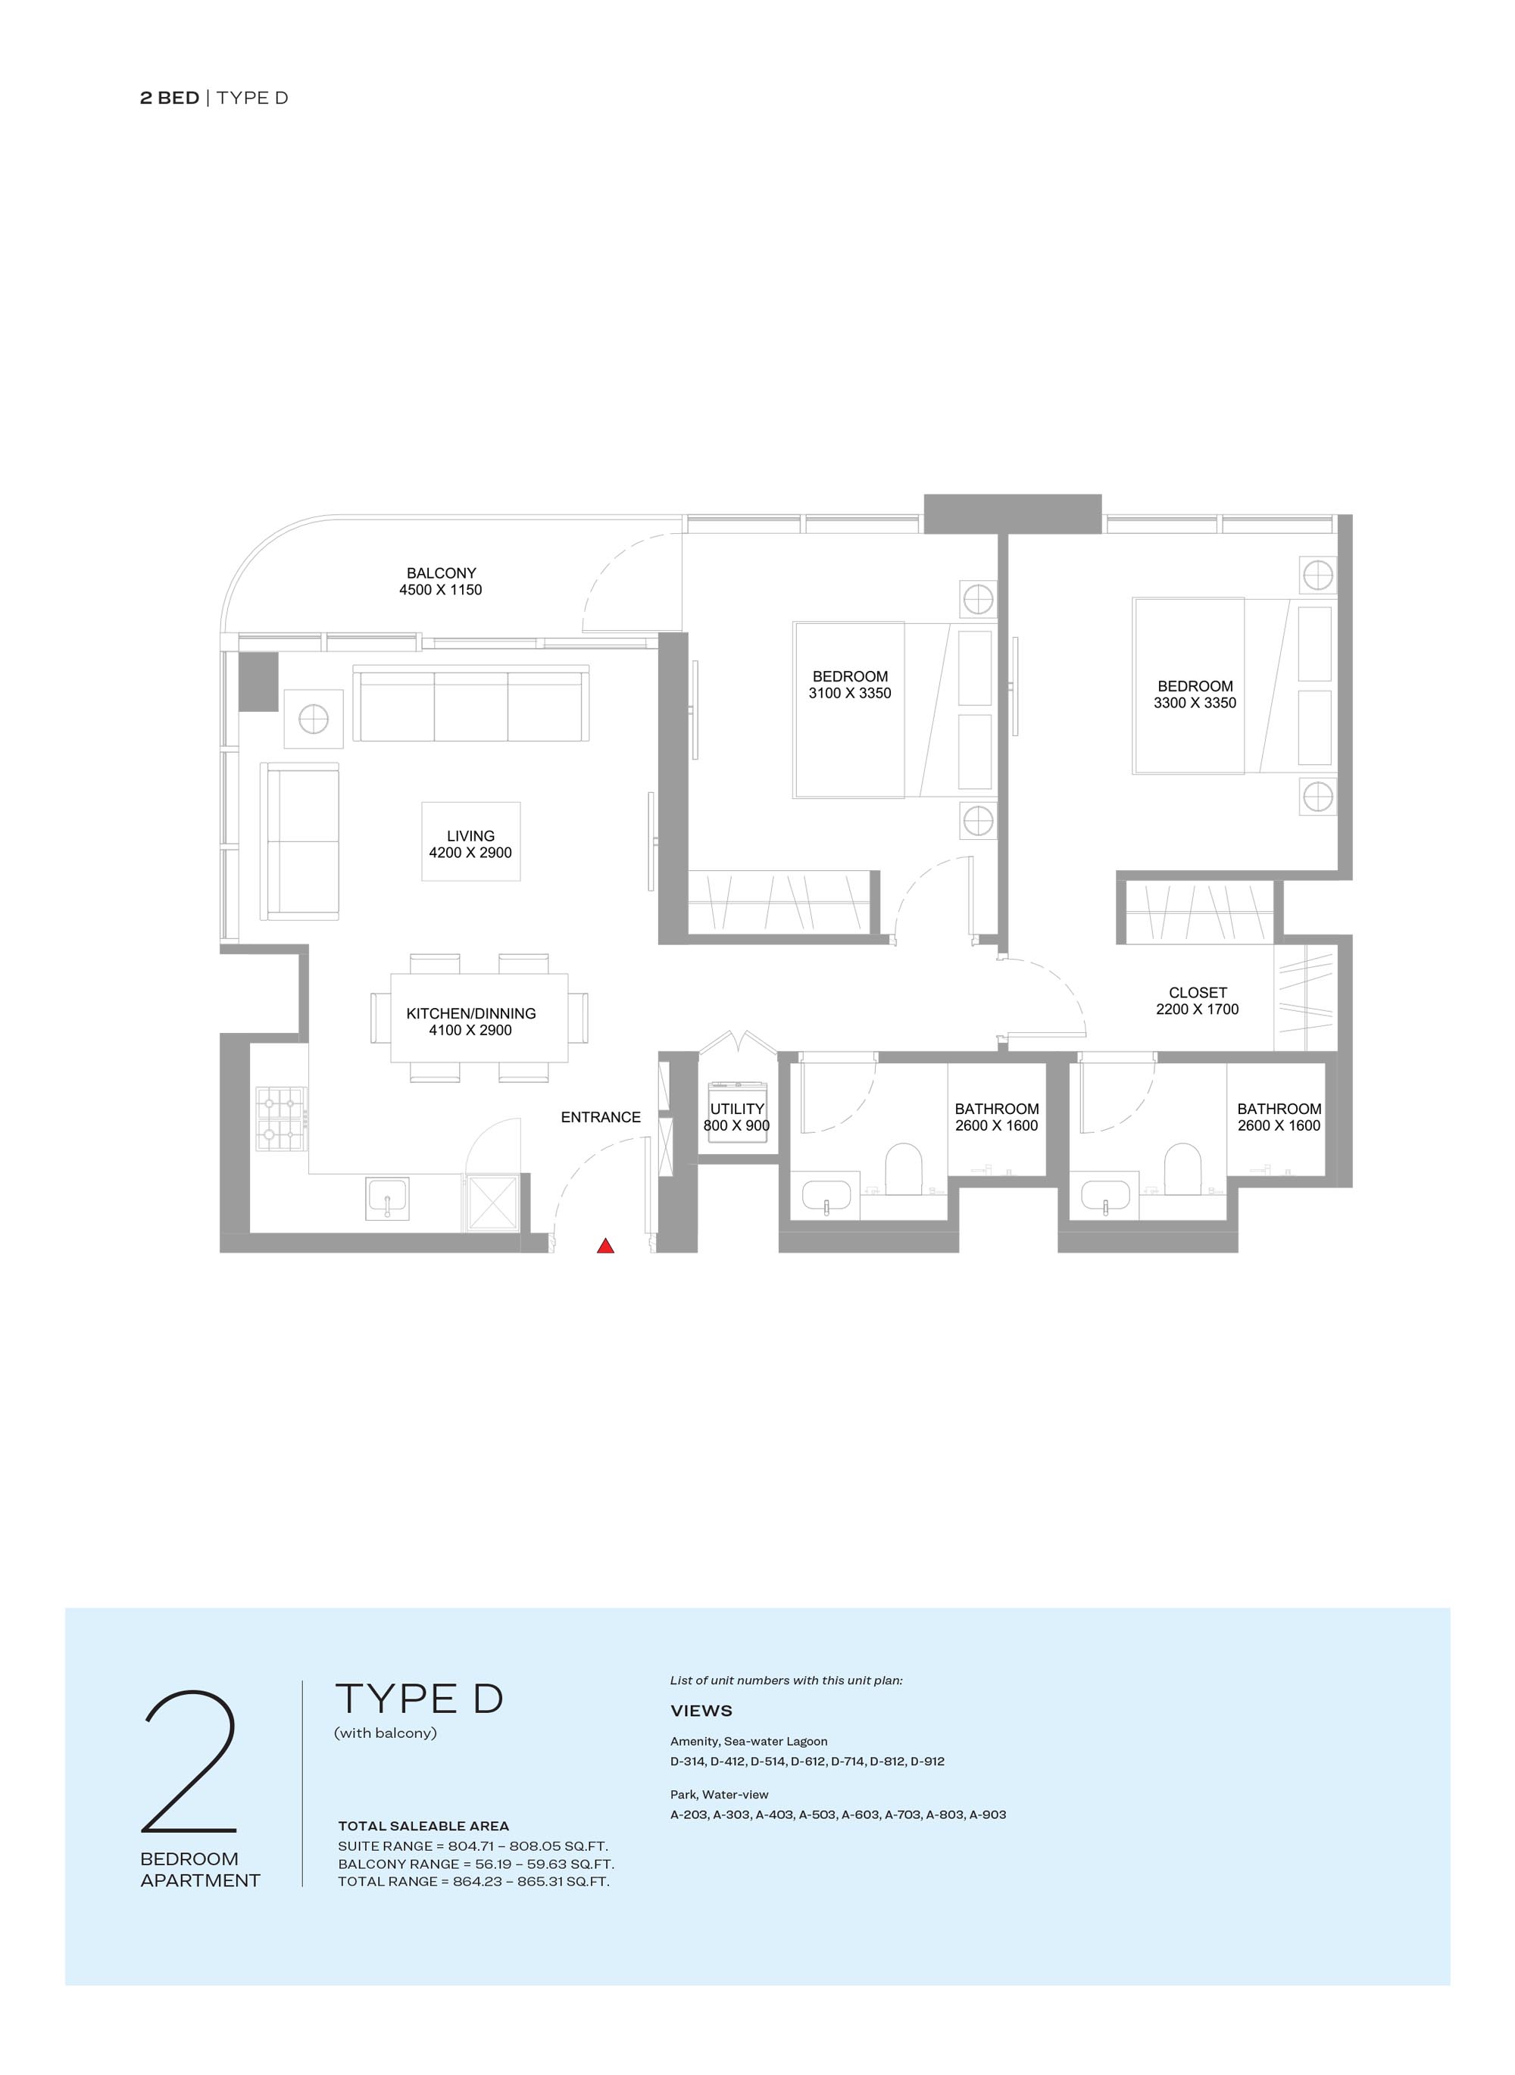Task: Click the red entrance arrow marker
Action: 605,1245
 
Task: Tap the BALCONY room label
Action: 441,573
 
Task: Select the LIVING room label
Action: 470,836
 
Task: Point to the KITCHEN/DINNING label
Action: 470,1013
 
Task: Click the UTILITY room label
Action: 737,1109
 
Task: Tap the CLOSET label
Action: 1198,992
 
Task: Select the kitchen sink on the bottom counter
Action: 387,1198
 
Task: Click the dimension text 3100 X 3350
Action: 849,693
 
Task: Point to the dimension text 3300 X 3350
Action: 1195,702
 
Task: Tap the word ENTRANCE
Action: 601,1117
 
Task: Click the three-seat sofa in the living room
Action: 470,704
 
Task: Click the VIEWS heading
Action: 701,1711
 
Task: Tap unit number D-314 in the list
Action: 688,1761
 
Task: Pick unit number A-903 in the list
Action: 988,1814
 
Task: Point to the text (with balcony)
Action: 385,1733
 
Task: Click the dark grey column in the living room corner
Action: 258,682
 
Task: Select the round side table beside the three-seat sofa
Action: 314,719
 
